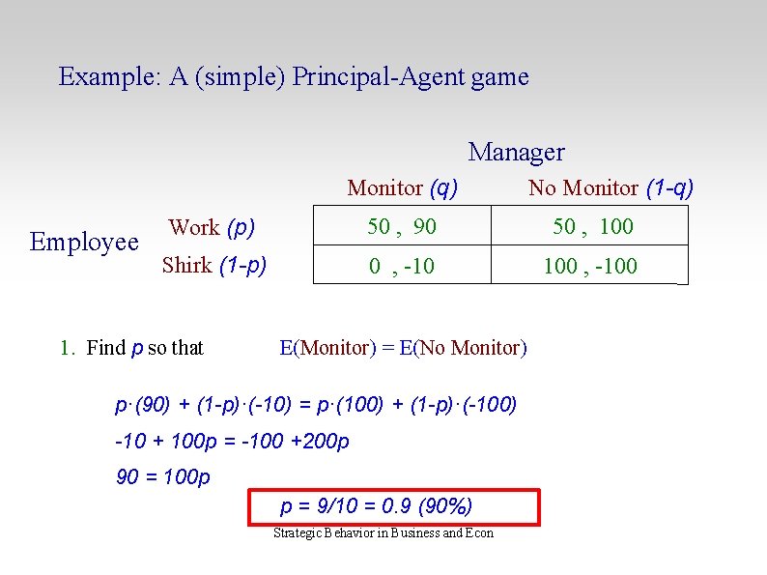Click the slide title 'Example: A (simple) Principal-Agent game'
294,77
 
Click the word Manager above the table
516,152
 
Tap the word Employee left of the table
84,242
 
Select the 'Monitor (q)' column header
402,187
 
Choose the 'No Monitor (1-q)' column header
611,187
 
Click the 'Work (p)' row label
212,228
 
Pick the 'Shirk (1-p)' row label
213,265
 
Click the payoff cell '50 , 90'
402,227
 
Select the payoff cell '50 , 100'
592,227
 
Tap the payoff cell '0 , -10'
402,266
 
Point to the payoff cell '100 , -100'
590,266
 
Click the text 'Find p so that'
145,348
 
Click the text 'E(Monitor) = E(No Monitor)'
403,348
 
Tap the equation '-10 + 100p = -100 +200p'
232,442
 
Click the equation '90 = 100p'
162,476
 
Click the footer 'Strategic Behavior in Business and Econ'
383,533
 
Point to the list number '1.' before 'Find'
67,348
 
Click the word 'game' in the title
500,77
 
